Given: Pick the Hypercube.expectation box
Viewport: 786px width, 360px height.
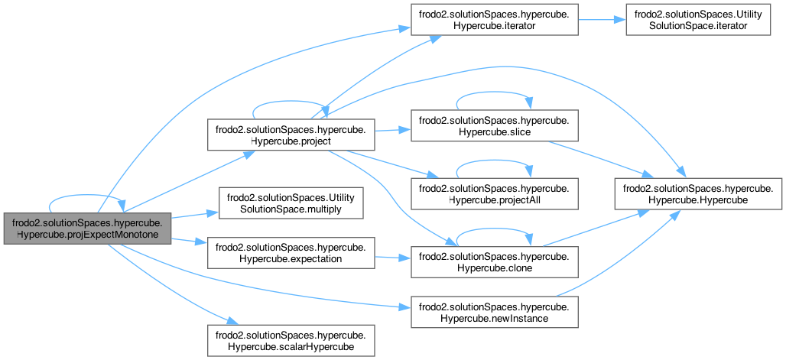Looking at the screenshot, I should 292,252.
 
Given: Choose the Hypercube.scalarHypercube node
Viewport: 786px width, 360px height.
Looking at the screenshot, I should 292,339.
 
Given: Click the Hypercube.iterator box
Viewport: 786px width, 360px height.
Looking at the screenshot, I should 494,18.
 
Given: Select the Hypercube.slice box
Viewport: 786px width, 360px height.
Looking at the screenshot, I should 494,125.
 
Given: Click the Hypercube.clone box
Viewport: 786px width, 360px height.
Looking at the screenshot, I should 494,261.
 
